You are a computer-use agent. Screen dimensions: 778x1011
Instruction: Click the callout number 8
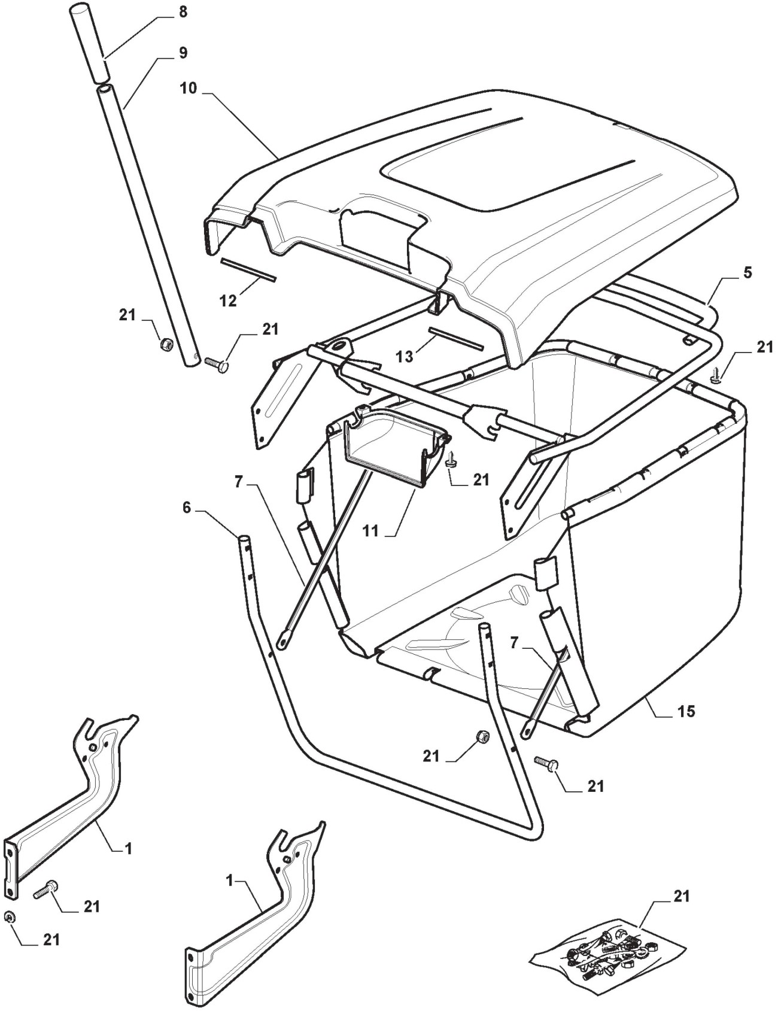pyautogui.click(x=183, y=11)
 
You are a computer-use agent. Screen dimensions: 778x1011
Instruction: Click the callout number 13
pyautogui.click(x=405, y=357)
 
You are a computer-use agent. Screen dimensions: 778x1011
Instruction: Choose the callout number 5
pyautogui.click(x=747, y=272)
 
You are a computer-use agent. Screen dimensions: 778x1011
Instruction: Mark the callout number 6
pyautogui.click(x=187, y=508)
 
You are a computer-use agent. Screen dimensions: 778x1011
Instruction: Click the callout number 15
pyautogui.click(x=686, y=711)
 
